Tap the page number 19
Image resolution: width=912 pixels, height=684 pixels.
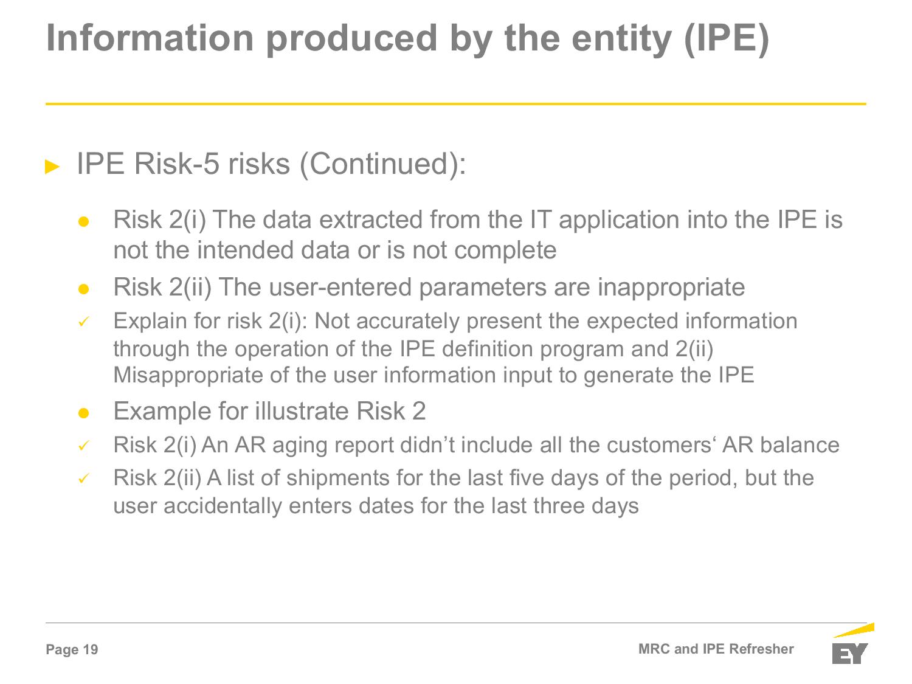point(91,649)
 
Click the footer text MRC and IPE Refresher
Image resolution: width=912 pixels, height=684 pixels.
point(716,649)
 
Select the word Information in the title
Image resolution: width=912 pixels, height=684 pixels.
point(150,38)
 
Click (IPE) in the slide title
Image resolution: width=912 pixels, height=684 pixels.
point(727,40)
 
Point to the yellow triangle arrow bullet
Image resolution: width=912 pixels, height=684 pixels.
point(52,167)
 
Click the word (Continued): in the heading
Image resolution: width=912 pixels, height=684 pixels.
point(382,164)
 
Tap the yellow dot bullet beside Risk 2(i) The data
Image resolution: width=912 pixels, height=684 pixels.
point(83,221)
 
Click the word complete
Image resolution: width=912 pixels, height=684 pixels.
point(505,251)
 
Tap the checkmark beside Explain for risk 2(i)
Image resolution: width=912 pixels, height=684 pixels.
point(84,322)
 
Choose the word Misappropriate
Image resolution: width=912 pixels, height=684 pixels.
point(188,376)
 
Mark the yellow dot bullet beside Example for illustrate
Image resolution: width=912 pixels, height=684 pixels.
point(83,413)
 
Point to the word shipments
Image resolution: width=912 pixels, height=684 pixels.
point(337,478)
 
